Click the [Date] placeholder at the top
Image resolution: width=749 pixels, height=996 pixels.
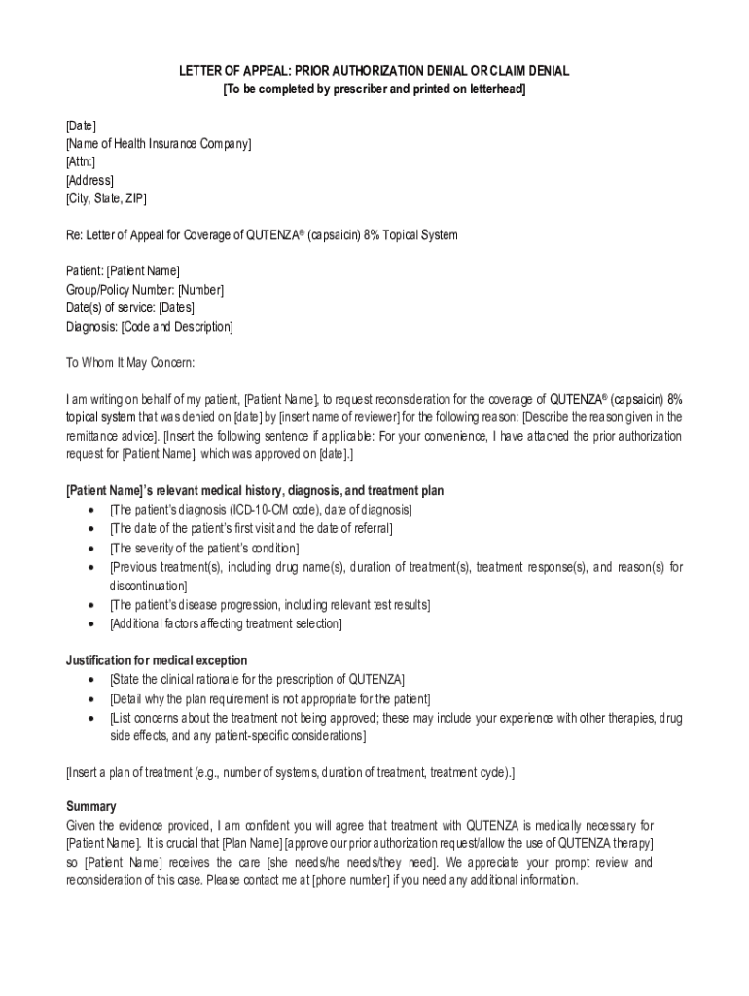81,126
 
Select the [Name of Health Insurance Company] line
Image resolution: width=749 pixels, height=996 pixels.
159,144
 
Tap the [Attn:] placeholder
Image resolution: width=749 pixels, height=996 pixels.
81,162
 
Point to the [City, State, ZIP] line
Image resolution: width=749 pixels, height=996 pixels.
106,198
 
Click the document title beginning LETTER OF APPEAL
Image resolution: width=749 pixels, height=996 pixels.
374,72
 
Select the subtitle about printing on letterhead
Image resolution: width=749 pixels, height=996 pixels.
374,89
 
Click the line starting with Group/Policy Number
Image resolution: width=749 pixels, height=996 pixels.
145,290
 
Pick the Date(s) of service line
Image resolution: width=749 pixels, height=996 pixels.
130,308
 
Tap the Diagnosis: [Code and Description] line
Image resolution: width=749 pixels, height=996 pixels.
149,327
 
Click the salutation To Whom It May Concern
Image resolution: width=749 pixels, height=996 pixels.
130,363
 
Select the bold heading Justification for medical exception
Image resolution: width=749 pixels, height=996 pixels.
157,660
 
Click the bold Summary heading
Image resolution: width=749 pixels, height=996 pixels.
91,806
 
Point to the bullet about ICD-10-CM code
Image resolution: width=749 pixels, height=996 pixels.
261,510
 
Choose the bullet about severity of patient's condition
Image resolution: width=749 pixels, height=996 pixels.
204,548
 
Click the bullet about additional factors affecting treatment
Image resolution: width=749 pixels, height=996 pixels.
226,623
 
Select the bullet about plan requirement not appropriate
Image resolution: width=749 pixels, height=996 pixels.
269,698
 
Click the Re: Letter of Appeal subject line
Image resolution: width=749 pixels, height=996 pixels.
262,235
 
